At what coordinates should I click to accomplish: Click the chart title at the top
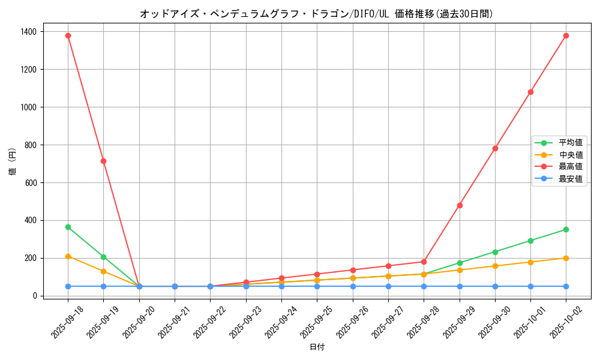pos(317,14)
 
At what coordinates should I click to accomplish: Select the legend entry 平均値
pos(571,143)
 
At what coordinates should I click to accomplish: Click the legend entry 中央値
pos(571,155)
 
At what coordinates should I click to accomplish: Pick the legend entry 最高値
pos(571,167)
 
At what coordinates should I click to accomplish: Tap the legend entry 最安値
pos(571,179)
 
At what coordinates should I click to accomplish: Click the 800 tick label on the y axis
pos(31,145)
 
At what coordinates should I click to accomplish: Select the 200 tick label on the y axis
pos(31,258)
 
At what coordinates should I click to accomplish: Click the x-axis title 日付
pos(317,347)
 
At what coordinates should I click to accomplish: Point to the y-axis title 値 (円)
pos(13,162)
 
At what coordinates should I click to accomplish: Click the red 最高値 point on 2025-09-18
pos(68,35)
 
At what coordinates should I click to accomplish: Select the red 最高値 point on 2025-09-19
pos(103,161)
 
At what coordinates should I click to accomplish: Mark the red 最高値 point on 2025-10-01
pos(530,92)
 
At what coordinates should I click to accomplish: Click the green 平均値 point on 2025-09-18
pos(68,227)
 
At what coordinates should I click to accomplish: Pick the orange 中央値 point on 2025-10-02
pos(566,258)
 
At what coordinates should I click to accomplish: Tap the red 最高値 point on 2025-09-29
pos(460,205)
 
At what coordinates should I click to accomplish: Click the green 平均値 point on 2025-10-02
pos(566,229)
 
